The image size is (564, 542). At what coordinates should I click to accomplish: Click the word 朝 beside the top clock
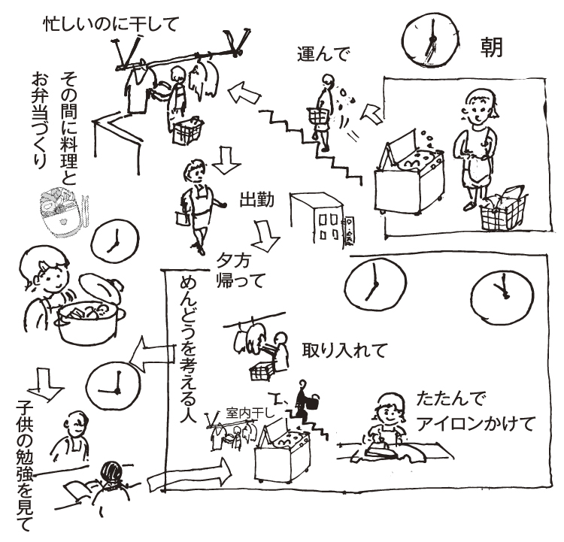491,48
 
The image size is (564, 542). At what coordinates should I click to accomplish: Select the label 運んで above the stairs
323,54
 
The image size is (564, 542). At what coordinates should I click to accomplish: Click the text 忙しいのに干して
111,24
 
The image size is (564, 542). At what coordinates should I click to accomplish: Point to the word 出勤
257,200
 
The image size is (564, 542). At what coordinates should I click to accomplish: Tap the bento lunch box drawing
59,213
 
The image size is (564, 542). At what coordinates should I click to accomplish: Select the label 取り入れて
344,350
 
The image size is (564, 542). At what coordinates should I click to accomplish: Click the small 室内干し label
250,413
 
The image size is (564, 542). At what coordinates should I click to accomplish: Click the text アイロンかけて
474,424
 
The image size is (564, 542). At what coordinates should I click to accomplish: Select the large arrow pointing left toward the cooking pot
152,355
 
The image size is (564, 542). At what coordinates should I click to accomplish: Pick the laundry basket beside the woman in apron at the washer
503,210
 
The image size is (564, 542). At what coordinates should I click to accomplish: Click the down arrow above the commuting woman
226,160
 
